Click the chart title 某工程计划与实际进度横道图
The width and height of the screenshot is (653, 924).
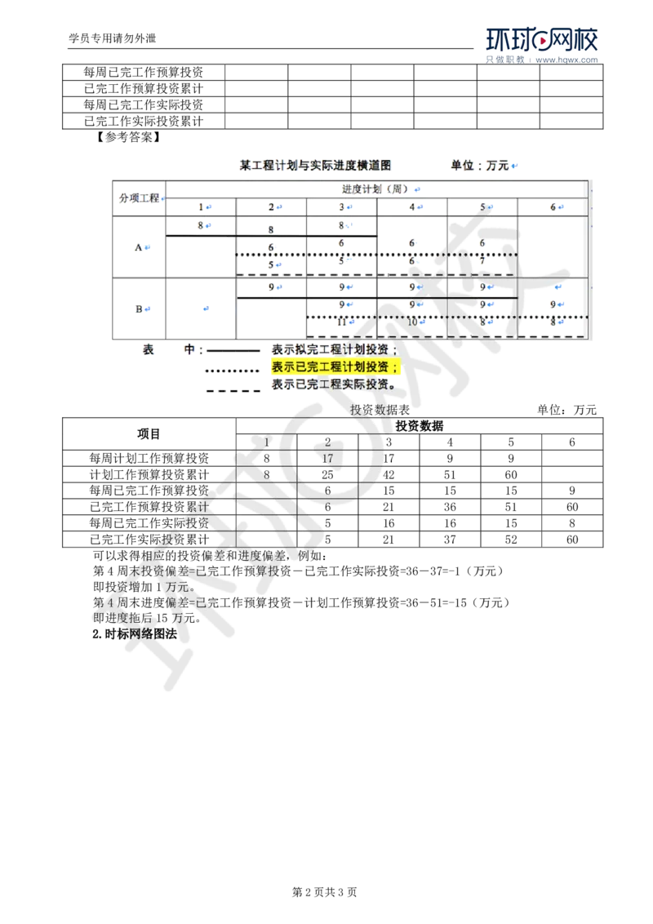pyautogui.click(x=314, y=165)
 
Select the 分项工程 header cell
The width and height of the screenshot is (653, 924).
pyautogui.click(x=139, y=198)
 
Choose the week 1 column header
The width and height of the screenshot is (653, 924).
pyautogui.click(x=200, y=207)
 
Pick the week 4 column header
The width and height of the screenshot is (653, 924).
pyautogui.click(x=412, y=207)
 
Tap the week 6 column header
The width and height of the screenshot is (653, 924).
pyautogui.click(x=553, y=207)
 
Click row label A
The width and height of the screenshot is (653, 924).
pyautogui.click(x=138, y=247)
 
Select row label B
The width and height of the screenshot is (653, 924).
pyautogui.click(x=138, y=308)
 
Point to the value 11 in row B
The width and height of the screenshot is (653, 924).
pyautogui.click(x=340, y=322)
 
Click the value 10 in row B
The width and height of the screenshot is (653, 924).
pyautogui.click(x=412, y=322)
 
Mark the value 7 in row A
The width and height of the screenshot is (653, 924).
pyautogui.click(x=482, y=262)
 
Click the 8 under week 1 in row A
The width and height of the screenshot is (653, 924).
pyautogui.click(x=200, y=224)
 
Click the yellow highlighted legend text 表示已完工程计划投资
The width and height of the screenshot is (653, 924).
pyautogui.click(x=335, y=366)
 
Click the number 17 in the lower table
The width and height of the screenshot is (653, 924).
pyautogui.click(x=327, y=459)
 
